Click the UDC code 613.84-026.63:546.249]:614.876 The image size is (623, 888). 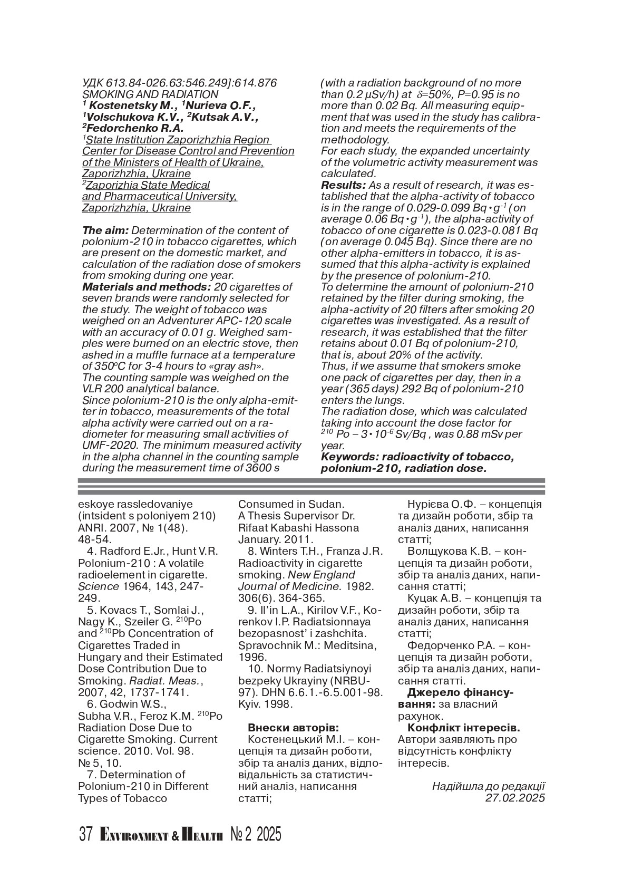click(x=191, y=83)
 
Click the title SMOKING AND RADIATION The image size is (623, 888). click(x=150, y=94)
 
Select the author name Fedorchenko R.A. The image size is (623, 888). click(x=135, y=128)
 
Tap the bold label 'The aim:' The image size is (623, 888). click(x=105, y=230)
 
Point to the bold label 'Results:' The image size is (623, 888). click(x=343, y=185)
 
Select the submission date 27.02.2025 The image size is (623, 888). click(x=515, y=798)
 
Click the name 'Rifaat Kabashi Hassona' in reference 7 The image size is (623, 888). click(x=298, y=527)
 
